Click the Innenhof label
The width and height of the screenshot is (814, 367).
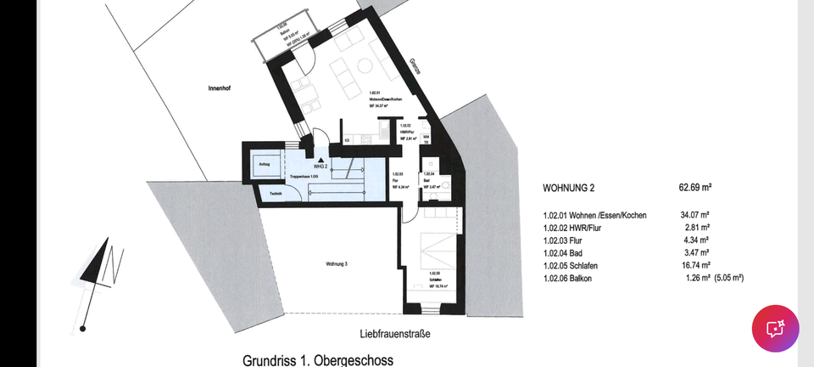pyautogui.click(x=220, y=88)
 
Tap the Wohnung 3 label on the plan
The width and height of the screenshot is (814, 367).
pyautogui.click(x=337, y=264)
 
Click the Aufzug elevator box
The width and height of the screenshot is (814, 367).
pyautogui.click(x=265, y=165)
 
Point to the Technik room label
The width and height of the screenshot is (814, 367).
pyautogui.click(x=276, y=195)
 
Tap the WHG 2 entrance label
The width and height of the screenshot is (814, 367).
pyautogui.click(x=321, y=167)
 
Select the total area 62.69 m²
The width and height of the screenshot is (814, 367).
pyautogui.click(x=695, y=187)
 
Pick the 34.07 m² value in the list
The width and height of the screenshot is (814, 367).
pyautogui.click(x=694, y=215)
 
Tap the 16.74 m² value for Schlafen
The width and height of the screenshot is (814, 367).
pyautogui.click(x=694, y=265)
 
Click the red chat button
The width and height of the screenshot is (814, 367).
pyautogui.click(x=775, y=328)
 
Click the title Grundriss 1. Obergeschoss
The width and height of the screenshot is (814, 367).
pyautogui.click(x=317, y=360)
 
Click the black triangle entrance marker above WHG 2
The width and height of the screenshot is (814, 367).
pyautogui.click(x=321, y=158)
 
